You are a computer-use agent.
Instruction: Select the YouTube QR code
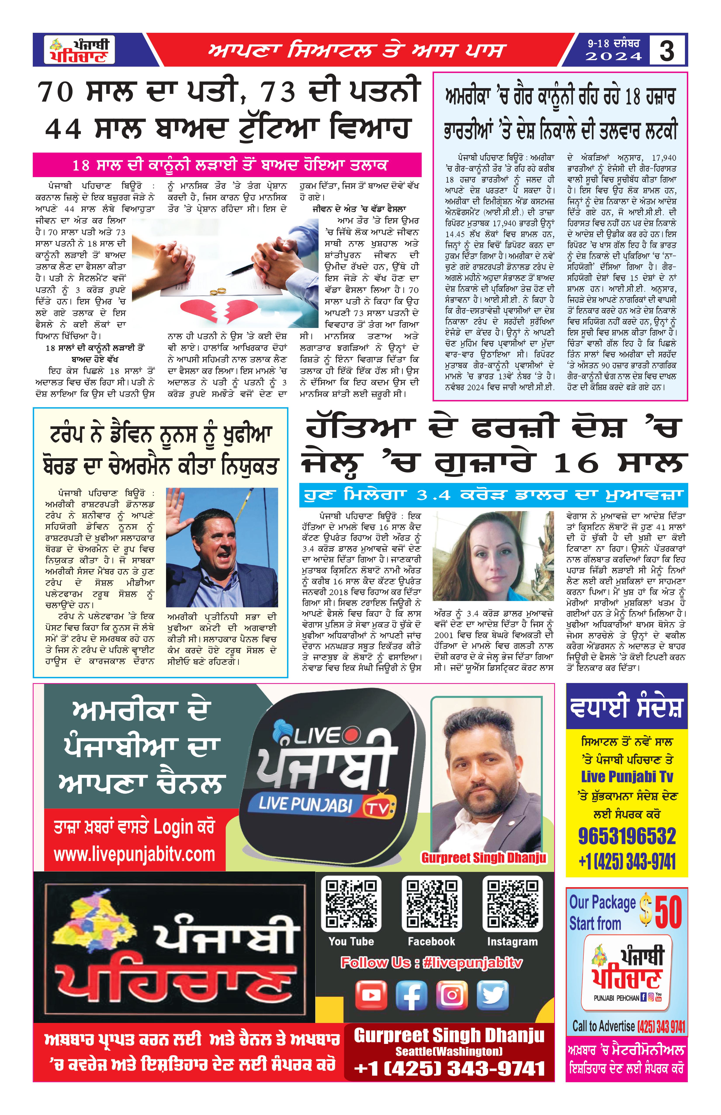[351, 905]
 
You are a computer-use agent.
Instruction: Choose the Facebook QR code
[431, 905]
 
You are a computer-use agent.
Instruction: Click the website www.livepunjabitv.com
[134, 854]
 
